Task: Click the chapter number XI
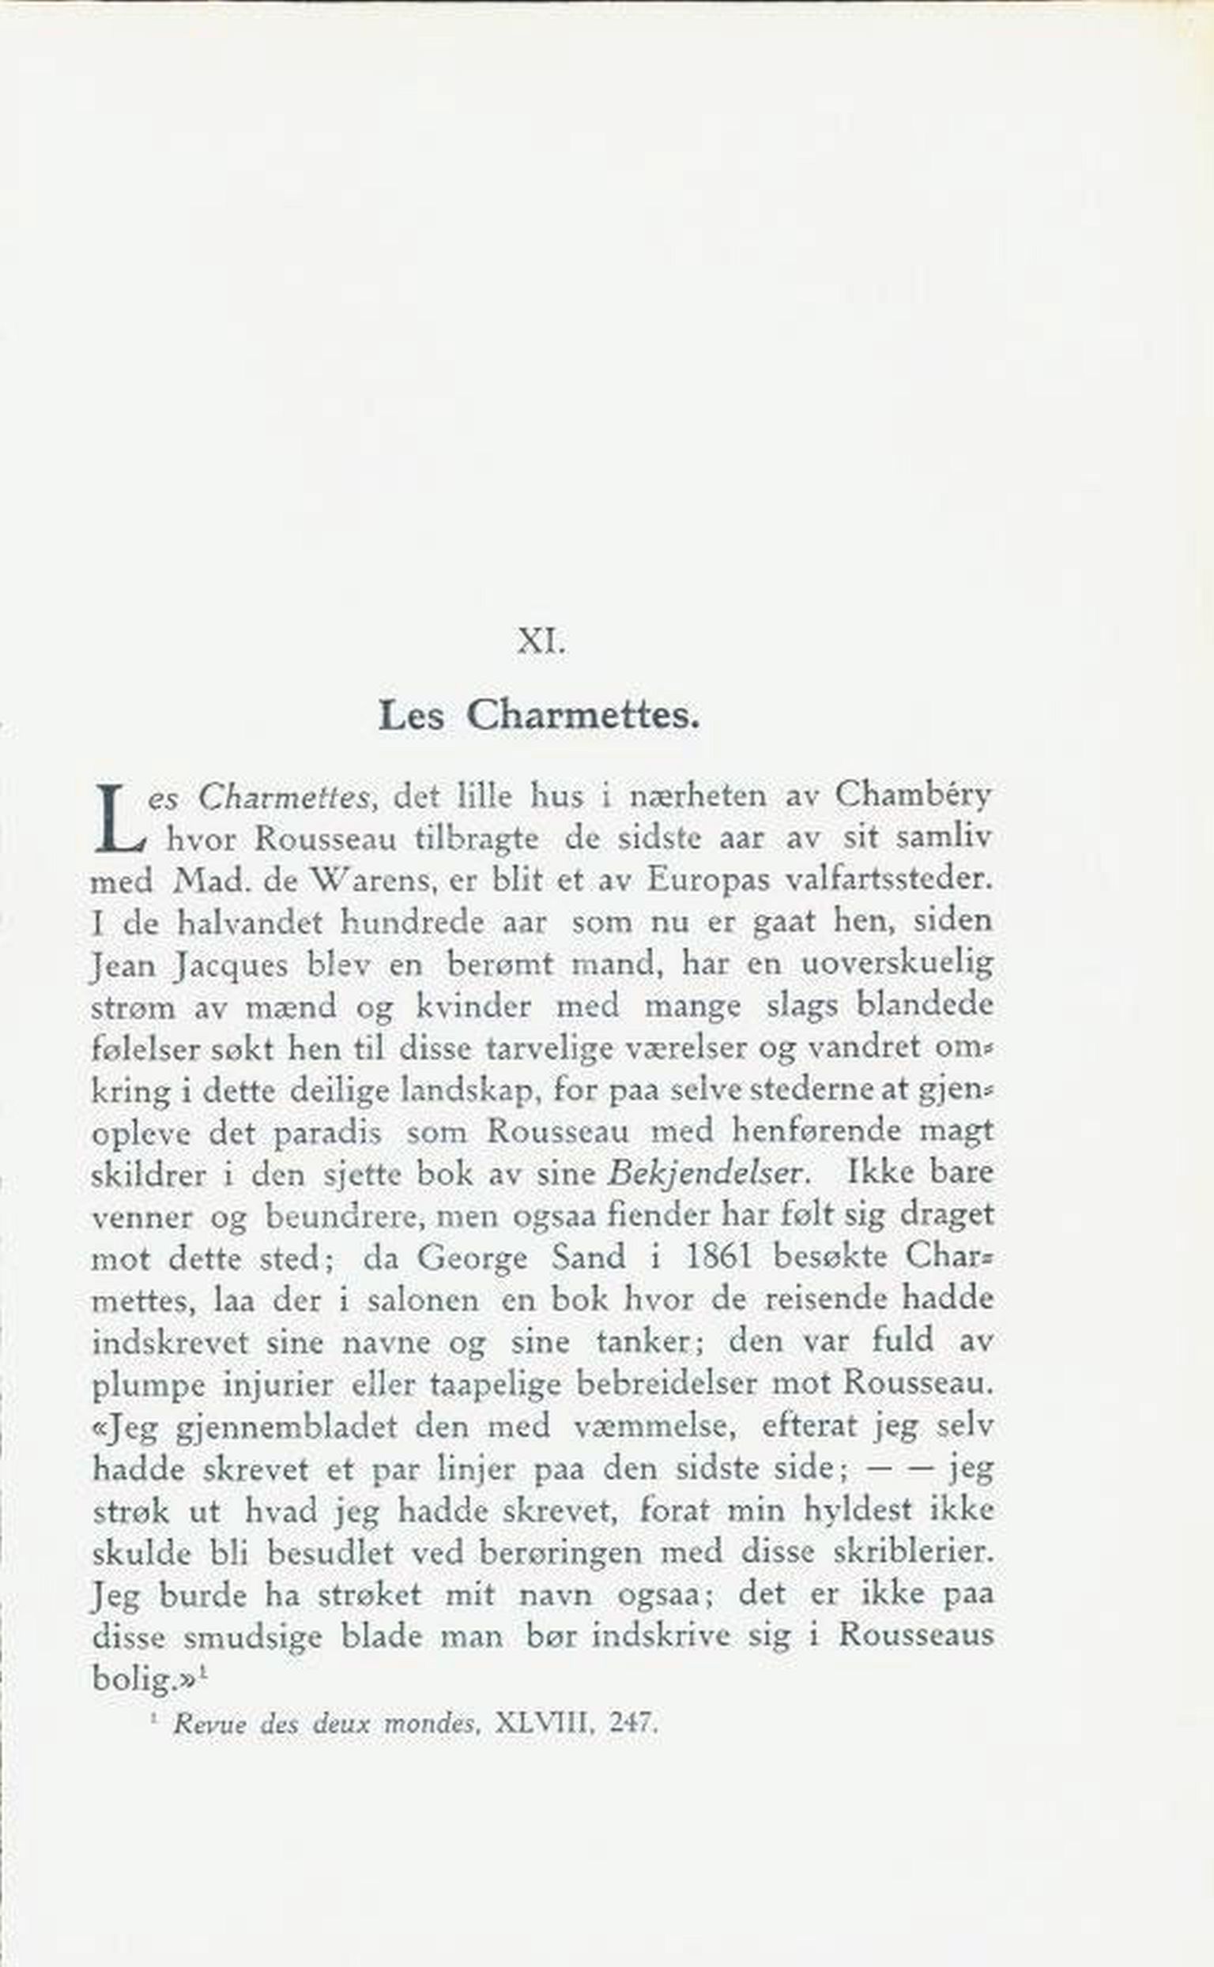(x=541, y=642)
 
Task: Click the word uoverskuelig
(x=897, y=964)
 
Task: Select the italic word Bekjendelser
(x=706, y=1174)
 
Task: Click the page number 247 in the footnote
(x=634, y=1722)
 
